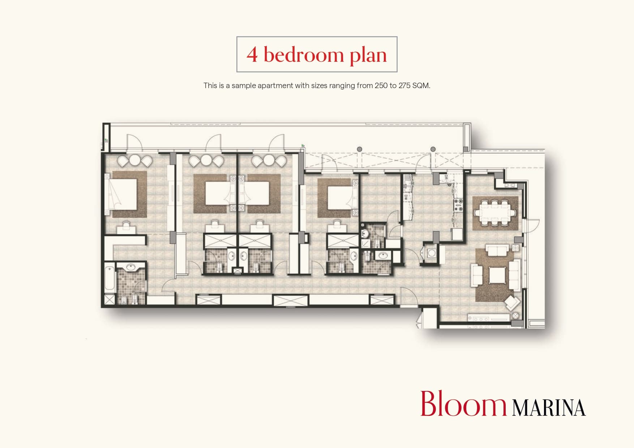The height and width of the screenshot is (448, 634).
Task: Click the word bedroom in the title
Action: pos(303,55)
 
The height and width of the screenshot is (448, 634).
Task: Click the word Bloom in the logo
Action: pos(463,404)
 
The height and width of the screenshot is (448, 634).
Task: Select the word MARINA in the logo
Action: pos(549,408)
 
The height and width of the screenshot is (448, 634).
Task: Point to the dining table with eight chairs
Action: pos(494,213)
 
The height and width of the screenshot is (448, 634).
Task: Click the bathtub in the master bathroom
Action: pos(109,278)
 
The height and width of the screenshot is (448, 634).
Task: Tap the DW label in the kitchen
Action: pos(406,197)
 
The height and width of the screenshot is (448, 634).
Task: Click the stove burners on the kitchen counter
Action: pos(458,205)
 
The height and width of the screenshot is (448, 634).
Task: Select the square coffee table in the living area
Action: pos(497,275)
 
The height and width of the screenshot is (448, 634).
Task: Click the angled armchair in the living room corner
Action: pos(513,302)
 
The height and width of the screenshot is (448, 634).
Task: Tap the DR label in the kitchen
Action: pos(446,178)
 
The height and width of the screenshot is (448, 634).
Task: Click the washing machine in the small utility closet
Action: pos(432,253)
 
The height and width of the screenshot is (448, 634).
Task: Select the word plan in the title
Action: pos(368,55)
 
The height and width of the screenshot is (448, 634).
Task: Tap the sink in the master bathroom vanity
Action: pos(131,267)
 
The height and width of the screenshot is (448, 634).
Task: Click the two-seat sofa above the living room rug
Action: pos(498,250)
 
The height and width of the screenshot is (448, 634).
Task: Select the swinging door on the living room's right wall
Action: pos(531,225)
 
